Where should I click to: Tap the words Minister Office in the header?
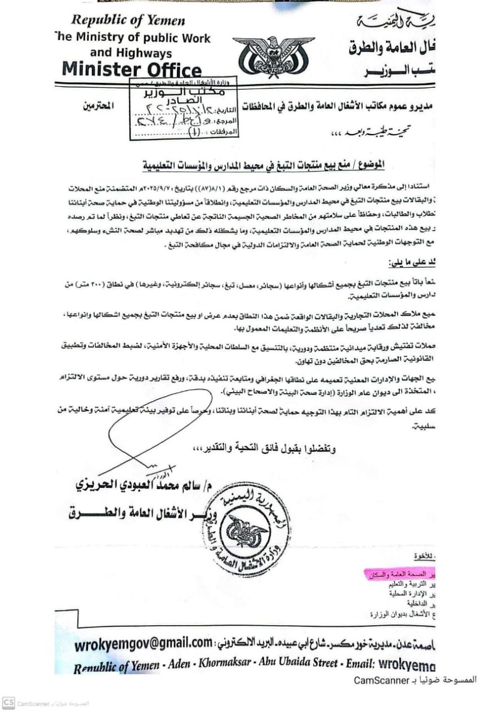(132, 70)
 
